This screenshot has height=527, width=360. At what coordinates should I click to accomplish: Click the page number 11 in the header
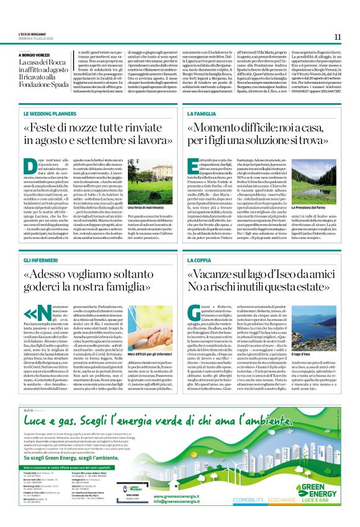[337, 37]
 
